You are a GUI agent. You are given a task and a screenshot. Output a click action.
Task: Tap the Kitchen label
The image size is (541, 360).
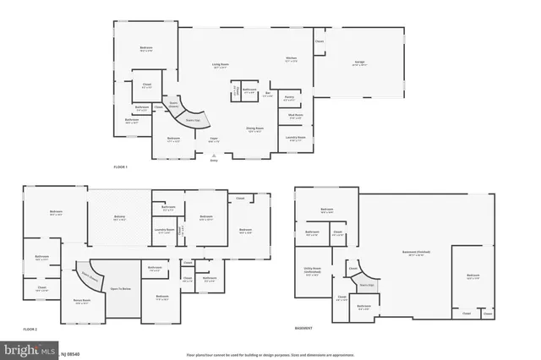(291, 59)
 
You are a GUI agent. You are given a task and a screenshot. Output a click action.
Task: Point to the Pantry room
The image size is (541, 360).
(289, 99)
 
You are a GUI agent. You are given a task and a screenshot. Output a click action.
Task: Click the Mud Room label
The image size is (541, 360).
(295, 116)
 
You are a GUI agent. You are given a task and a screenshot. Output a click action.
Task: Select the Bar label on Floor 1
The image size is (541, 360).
(268, 94)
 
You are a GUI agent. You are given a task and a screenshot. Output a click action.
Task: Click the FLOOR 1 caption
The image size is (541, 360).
(121, 167)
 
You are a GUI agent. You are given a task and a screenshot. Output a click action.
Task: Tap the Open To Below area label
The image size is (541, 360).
(120, 288)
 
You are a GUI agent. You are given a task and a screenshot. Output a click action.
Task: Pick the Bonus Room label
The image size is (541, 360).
(82, 302)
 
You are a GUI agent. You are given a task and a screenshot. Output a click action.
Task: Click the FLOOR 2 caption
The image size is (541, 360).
(31, 328)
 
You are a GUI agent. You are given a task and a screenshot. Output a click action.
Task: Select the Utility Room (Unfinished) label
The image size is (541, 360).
(312, 272)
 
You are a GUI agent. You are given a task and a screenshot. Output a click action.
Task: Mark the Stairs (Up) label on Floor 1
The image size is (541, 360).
(193, 121)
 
